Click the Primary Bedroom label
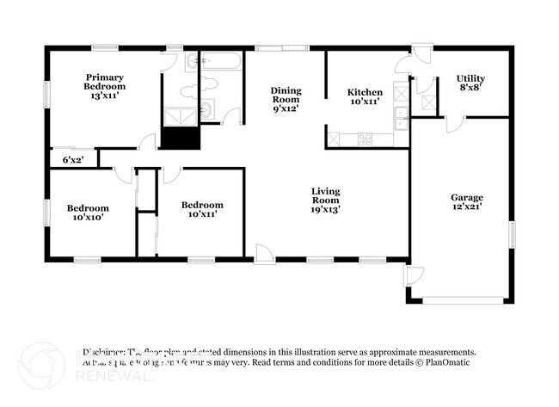tap(104, 87)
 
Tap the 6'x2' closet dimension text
tap(72, 160)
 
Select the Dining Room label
tap(285, 100)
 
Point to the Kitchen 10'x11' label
tap(365, 97)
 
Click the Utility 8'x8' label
tap(470, 83)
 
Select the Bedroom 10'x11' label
tap(202, 209)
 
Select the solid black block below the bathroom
tap(180, 138)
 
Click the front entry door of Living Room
tap(265, 253)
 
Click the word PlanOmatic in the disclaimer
tap(448, 363)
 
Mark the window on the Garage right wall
tap(511, 233)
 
